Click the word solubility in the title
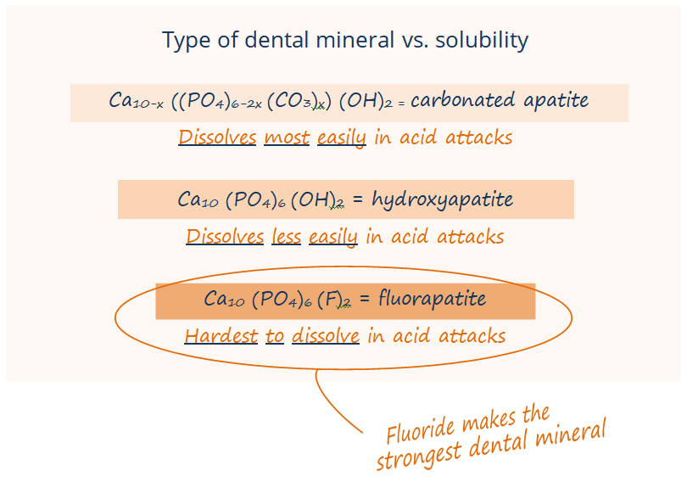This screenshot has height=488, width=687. pos(482,40)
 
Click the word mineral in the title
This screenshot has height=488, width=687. pos(355,40)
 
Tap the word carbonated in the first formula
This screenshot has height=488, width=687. pos(461,100)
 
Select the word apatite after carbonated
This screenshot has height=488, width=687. pos(556,101)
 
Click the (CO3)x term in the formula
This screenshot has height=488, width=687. pos(296,101)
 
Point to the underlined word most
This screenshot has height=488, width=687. pos(287,137)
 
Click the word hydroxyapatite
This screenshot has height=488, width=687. pos(443,200)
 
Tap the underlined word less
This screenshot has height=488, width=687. pos(286,237)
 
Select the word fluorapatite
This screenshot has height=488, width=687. pos(432,299)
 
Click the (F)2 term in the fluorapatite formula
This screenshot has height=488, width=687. pos(334,300)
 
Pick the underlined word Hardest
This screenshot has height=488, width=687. pos(221,336)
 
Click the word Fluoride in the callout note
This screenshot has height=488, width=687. pos(420,429)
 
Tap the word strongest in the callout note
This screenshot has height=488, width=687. pos(418,457)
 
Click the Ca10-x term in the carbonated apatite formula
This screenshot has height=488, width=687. pos(136,101)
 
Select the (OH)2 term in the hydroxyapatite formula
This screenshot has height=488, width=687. pos(317,200)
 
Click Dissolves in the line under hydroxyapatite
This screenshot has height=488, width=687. pos(225,237)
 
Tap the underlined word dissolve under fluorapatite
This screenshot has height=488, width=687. pos(326,336)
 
